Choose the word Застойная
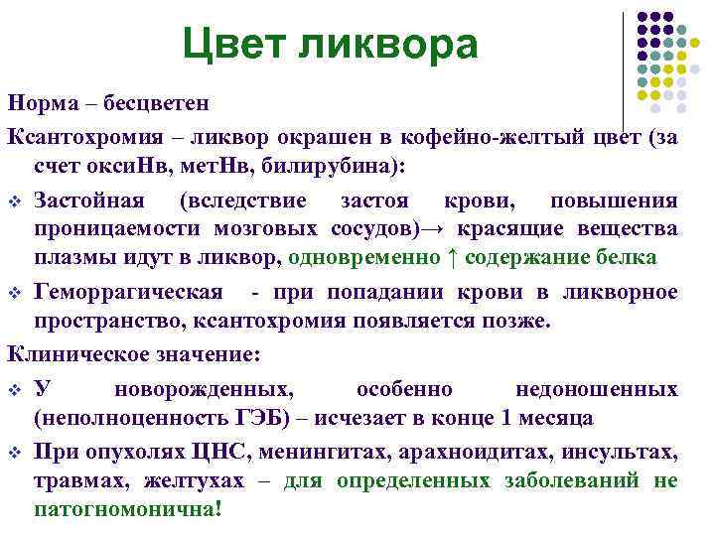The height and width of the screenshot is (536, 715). point(90,201)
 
